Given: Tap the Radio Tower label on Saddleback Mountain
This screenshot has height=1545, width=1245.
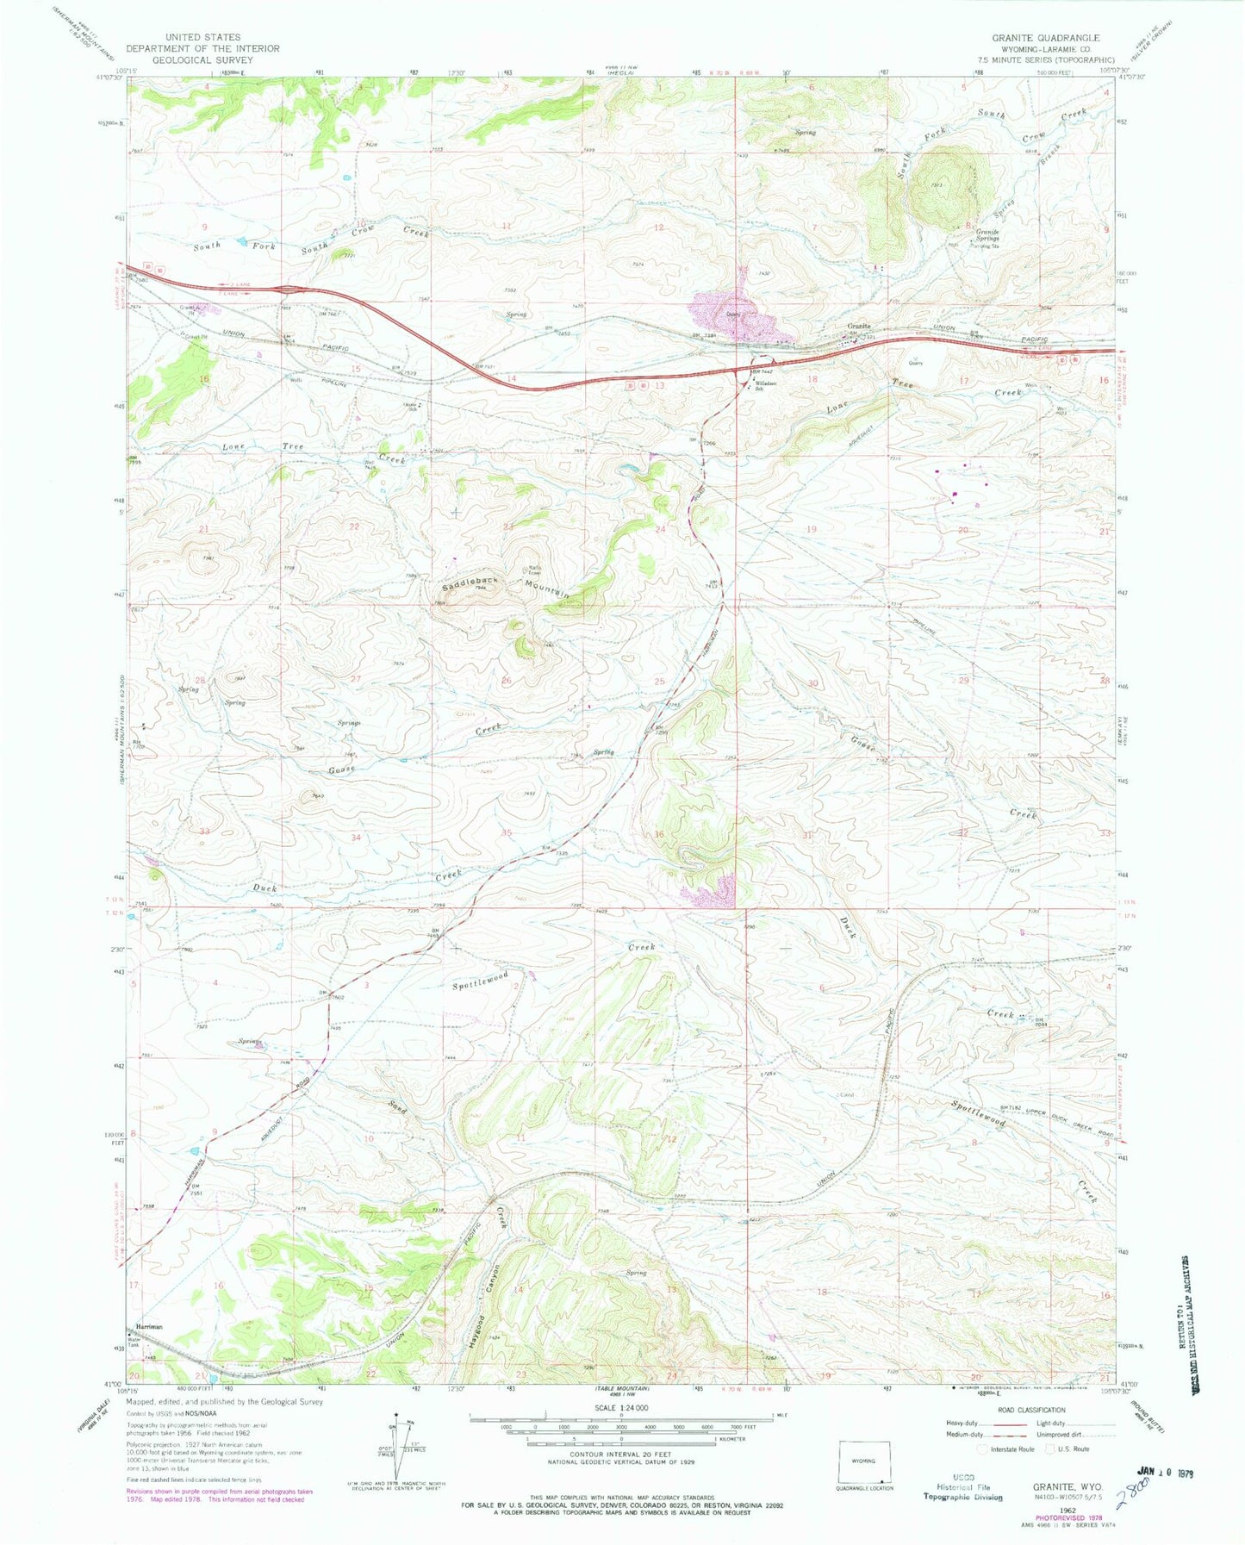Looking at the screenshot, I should coord(535,569).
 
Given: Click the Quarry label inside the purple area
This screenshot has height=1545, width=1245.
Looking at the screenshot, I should coord(733,314).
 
